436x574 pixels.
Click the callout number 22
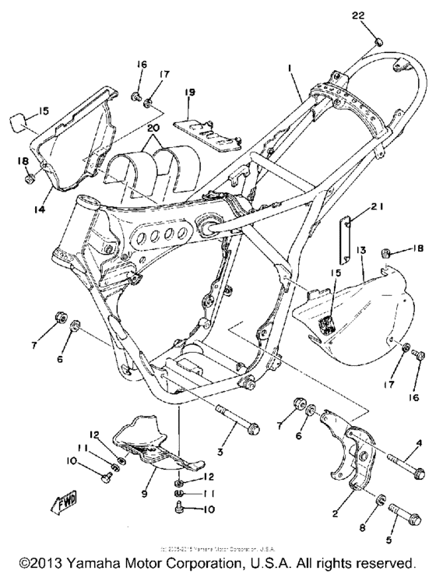[379, 16]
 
